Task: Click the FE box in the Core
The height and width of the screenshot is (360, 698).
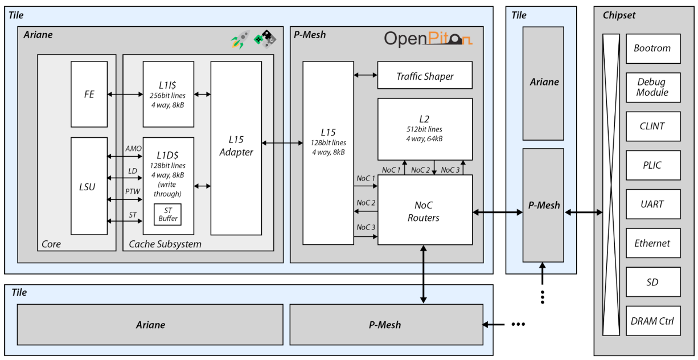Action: [x=89, y=94]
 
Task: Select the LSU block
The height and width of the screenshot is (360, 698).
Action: [x=89, y=186]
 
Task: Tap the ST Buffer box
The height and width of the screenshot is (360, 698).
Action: [x=167, y=214]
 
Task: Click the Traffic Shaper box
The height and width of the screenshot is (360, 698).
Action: [x=425, y=75]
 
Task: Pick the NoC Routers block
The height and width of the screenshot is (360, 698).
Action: [x=425, y=210]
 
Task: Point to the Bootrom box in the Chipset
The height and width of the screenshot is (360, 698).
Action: [x=653, y=48]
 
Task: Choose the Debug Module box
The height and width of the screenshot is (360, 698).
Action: [x=653, y=88]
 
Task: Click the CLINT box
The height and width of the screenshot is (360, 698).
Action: [x=653, y=126]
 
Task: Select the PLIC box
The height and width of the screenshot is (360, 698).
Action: [x=653, y=165]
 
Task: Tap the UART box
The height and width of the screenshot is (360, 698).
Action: [x=653, y=204]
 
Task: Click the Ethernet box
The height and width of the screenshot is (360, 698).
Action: [x=653, y=243]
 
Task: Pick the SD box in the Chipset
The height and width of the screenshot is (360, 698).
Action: [x=653, y=282]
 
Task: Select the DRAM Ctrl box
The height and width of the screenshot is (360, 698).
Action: [x=653, y=321]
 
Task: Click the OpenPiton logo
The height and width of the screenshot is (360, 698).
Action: [x=428, y=39]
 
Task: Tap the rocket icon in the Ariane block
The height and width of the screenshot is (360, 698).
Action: [x=240, y=39]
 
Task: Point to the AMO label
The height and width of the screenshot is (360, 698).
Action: [x=133, y=149]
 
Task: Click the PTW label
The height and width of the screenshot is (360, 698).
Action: [x=133, y=191]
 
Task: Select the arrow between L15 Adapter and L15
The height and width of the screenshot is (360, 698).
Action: [x=282, y=143]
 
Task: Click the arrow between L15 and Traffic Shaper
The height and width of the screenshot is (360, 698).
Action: [x=366, y=75]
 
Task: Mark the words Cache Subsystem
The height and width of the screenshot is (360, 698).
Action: [x=165, y=244]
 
